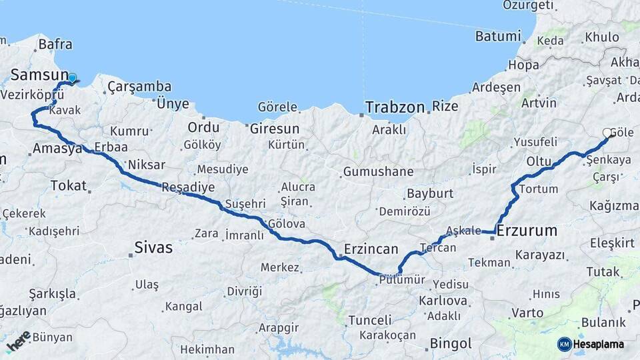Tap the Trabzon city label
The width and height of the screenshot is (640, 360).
coord(395,107)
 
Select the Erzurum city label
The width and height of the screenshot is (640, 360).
coord(527,231)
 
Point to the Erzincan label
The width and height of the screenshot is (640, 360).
coord(371,249)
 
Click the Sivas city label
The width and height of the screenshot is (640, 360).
coord(153,248)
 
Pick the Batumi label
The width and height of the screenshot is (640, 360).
coord(498,36)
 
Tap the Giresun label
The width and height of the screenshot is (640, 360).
coord(274,129)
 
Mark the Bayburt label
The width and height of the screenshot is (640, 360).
coord(429,194)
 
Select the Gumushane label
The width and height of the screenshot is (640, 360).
coord(378,172)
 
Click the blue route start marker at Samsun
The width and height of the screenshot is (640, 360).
coord(72,79)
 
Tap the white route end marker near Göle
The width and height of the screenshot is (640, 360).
coord(607,133)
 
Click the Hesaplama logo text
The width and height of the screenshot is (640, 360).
coord(599,344)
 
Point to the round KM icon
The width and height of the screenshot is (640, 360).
coord(565,344)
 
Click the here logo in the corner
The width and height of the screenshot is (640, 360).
coord(18,341)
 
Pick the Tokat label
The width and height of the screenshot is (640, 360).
coord(68,186)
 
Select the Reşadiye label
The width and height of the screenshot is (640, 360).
coord(189,187)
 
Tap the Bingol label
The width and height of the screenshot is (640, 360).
coord(451,344)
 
